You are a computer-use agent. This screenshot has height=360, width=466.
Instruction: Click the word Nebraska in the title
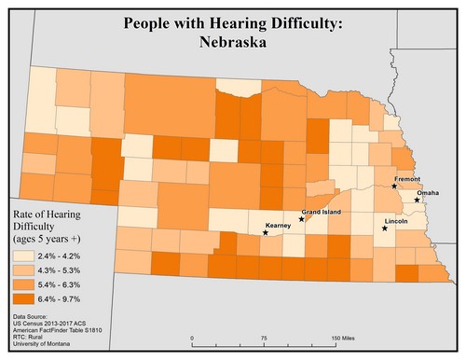coord(232,42)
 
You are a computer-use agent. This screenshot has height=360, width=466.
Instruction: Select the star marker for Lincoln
coord(385,228)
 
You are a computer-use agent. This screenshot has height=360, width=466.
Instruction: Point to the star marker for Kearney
coord(266,233)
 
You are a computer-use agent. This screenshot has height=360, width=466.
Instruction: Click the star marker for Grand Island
coord(301,219)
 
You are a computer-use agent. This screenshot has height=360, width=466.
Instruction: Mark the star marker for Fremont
coord(394,187)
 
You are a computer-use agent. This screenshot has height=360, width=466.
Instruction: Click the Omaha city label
coord(428,193)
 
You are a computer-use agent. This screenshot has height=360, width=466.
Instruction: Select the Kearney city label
coord(279,226)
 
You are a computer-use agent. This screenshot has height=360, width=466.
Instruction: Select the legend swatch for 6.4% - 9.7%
coord(22,298)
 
